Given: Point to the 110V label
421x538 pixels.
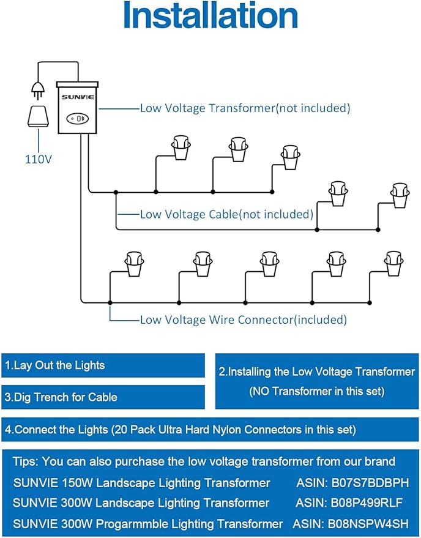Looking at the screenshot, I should pos(38,159).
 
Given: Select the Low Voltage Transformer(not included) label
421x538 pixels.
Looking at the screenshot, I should pos(245,108).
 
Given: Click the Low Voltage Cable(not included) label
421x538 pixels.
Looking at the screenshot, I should pos(226,214).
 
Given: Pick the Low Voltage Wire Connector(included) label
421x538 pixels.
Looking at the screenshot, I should pos(243,319).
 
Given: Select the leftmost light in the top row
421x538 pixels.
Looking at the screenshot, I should pos(180,147).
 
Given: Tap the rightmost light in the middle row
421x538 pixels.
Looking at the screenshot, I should pos(400,194).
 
